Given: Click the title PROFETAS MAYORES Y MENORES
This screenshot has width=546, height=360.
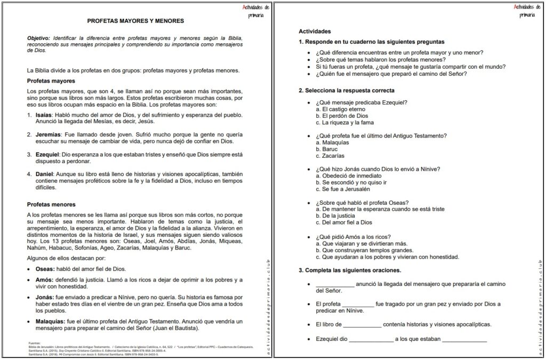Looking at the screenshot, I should coord(135,21).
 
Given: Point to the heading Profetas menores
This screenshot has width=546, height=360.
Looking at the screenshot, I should coord(51,204).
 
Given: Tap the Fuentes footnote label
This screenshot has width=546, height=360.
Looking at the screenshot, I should coord(35,343).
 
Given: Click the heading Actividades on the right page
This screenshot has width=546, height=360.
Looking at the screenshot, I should coord(315,31).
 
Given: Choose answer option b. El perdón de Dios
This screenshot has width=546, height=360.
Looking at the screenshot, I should coord(341,116).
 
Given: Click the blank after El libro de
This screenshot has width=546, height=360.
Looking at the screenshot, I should coord(363,324).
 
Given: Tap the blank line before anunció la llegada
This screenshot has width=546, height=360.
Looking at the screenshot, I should coord(334,284).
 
